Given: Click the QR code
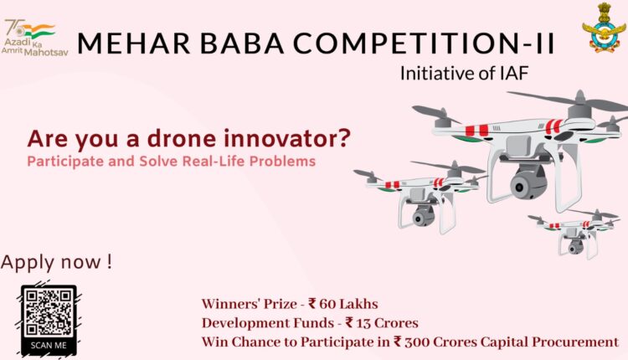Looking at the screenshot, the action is pyautogui.click(x=49, y=313).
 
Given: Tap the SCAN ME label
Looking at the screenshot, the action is pyautogui.click(x=49, y=346).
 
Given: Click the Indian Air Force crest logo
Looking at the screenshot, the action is pyautogui.click(x=604, y=28).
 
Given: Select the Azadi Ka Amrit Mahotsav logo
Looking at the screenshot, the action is pyautogui.click(x=34, y=38).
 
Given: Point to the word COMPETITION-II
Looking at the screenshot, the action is pyautogui.click(x=425, y=43).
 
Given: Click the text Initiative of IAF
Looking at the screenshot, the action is pyautogui.click(x=464, y=74).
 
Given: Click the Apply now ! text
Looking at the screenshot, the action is pyautogui.click(x=56, y=262).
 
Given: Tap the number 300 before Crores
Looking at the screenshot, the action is pyautogui.click(x=416, y=342).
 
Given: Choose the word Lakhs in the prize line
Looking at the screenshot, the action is pyautogui.click(x=360, y=304).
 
